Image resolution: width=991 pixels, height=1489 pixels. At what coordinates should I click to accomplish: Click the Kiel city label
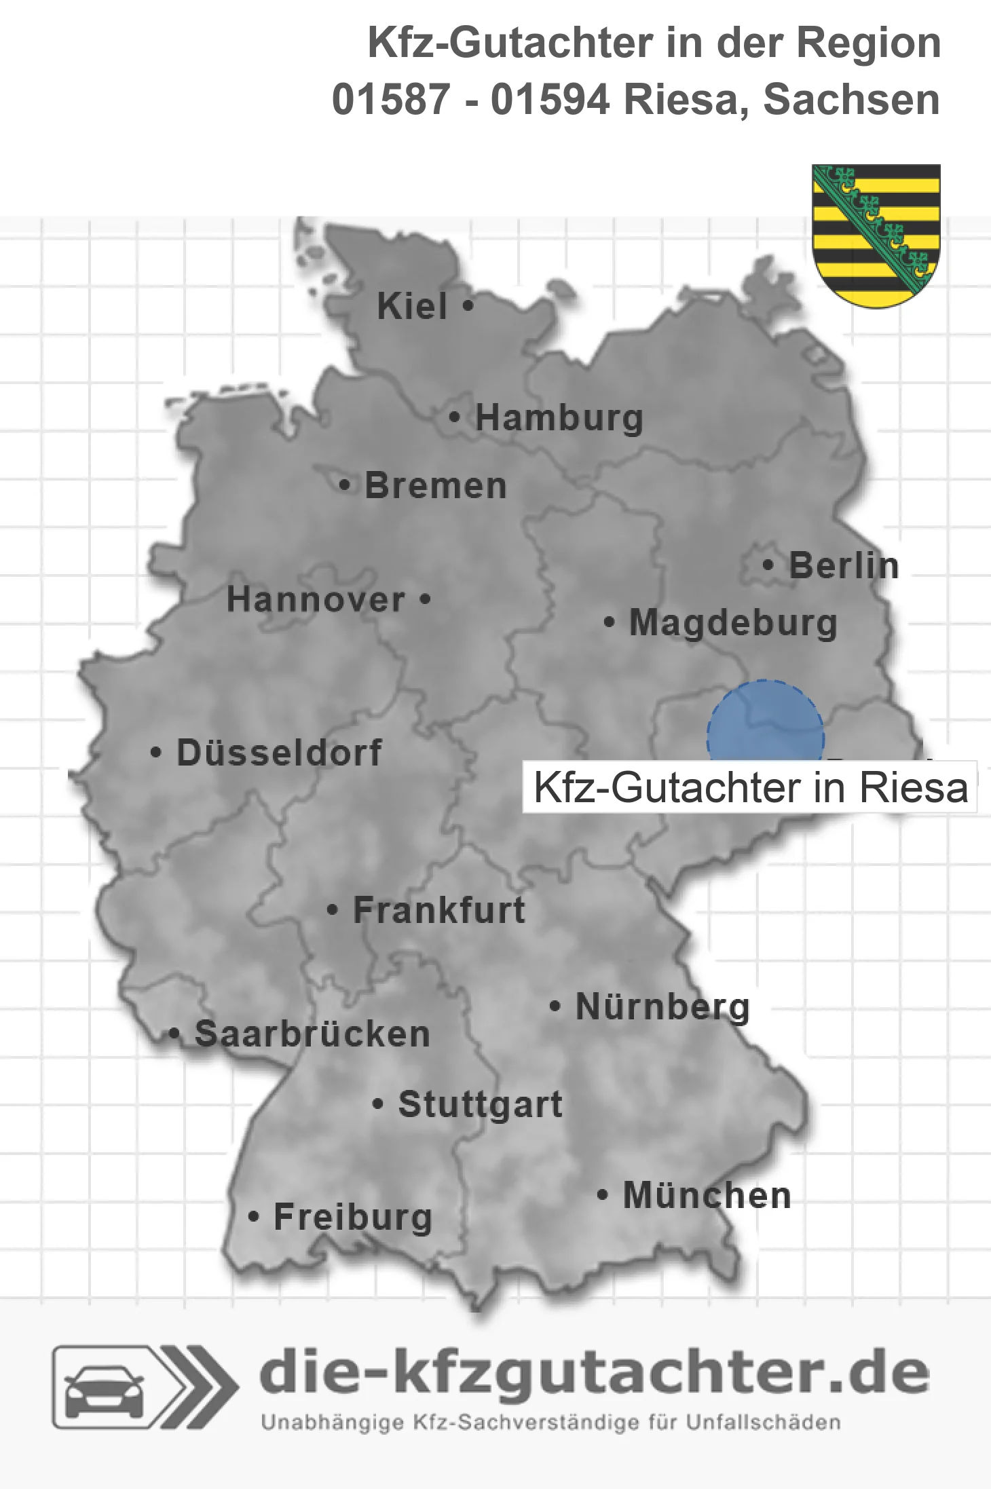click(x=412, y=306)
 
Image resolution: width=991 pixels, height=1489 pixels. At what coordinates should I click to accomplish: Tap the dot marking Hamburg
click(x=455, y=417)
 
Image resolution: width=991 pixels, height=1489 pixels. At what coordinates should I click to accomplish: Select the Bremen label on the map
click(x=436, y=486)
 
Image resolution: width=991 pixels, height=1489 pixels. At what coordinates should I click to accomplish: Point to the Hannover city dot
click(x=425, y=599)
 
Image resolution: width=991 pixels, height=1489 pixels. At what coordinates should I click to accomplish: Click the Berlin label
click(x=844, y=565)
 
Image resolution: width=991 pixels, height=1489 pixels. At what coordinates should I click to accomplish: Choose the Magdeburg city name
click(x=733, y=623)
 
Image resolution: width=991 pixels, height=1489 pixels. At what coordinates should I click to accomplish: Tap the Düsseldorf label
click(x=279, y=753)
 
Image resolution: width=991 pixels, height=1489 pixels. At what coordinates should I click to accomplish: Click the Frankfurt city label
click(x=439, y=910)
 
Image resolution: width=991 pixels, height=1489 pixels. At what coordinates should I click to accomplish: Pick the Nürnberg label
click(x=662, y=1006)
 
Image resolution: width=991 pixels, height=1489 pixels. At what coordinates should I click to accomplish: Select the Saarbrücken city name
click(x=312, y=1034)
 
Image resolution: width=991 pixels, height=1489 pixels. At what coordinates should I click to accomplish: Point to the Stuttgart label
click(x=480, y=1104)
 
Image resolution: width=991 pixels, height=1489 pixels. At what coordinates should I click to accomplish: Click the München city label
click(x=707, y=1195)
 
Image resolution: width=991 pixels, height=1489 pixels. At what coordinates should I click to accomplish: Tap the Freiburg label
click(x=353, y=1217)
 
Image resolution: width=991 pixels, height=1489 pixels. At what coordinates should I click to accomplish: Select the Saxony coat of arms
click(x=876, y=235)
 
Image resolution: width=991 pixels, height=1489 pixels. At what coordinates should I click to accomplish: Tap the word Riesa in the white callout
click(x=914, y=787)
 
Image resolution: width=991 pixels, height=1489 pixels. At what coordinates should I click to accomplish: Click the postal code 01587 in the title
click(x=391, y=100)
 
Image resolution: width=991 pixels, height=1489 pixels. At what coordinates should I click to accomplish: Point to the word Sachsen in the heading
click(x=851, y=100)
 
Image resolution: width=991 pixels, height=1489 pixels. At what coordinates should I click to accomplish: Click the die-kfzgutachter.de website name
click(x=594, y=1373)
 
